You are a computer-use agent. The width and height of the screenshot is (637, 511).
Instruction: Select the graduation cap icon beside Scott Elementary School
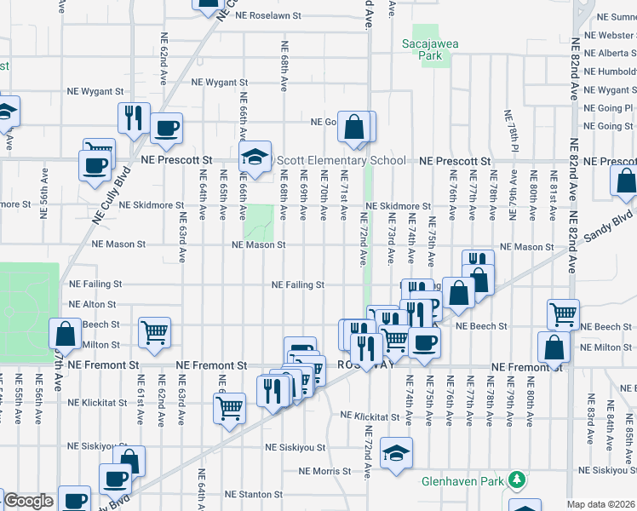(x=254, y=157)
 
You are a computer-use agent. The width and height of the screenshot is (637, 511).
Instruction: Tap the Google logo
(x=28, y=501)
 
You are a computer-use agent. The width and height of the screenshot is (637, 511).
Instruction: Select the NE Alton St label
(x=93, y=304)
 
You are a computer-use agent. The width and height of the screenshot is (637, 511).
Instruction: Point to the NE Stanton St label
(x=253, y=494)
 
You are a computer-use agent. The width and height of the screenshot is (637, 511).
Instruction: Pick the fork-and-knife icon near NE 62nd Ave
(x=134, y=118)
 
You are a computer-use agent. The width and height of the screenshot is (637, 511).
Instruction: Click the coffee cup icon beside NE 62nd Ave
(x=166, y=128)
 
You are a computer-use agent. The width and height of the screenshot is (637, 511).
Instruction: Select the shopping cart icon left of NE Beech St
(x=154, y=332)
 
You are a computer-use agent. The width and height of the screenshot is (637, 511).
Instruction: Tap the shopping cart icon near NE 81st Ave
(x=563, y=314)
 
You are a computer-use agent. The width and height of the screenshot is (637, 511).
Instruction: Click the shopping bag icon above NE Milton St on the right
(x=554, y=347)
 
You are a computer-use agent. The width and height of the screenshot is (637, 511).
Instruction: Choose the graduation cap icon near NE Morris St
(x=396, y=453)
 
